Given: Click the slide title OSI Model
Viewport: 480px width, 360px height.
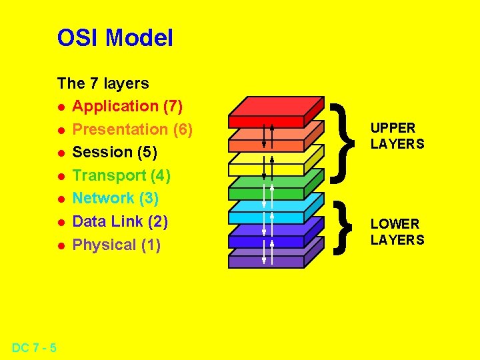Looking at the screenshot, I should (x=115, y=38).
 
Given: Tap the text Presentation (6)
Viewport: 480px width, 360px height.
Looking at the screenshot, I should (x=132, y=129).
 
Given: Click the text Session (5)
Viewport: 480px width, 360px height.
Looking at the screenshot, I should (x=115, y=152).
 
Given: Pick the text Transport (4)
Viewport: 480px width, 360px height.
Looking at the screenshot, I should (x=121, y=175).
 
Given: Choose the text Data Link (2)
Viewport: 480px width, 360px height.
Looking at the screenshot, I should (x=120, y=221).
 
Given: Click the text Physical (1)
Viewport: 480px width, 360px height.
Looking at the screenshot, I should (x=116, y=245).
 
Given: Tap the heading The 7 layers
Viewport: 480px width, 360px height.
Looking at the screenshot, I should (x=103, y=83).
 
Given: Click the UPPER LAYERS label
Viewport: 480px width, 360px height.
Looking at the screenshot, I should (x=397, y=136).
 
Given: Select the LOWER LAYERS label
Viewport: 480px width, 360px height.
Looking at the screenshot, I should (x=397, y=232).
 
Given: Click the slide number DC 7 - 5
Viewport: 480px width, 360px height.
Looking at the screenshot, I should (x=34, y=347).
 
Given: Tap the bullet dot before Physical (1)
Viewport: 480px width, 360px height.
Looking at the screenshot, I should (x=61, y=245).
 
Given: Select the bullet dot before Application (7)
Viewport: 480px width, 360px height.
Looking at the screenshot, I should (x=61, y=107).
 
